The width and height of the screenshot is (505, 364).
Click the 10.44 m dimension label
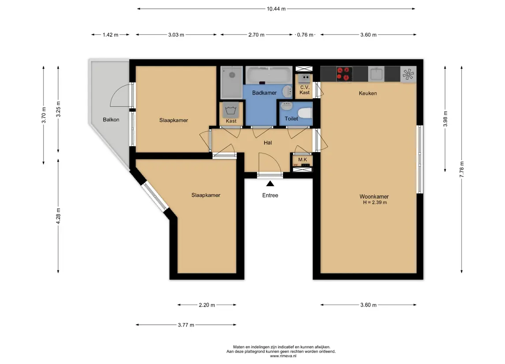276,9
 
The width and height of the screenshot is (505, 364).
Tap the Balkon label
111,120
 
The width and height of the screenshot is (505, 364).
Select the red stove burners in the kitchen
344,74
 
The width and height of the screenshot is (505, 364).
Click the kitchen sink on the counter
376,74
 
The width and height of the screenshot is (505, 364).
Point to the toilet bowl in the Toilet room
305,113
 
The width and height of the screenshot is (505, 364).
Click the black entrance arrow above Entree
270,183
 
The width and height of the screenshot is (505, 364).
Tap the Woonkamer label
374,196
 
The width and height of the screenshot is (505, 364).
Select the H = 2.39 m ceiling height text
375,203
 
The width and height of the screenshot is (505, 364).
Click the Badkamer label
265,93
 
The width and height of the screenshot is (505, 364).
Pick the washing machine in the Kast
231,110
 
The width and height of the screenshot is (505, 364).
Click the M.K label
303,159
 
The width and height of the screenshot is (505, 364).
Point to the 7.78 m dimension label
461,169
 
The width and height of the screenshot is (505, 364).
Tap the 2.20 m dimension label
207,305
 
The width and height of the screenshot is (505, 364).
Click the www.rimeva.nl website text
283,356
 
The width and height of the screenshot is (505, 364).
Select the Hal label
268,143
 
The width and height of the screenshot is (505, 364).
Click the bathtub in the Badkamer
269,75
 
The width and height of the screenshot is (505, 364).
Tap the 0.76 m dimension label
305,35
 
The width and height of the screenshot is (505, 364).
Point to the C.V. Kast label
304,90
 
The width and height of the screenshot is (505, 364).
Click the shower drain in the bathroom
232,75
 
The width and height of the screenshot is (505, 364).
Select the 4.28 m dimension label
58,216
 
